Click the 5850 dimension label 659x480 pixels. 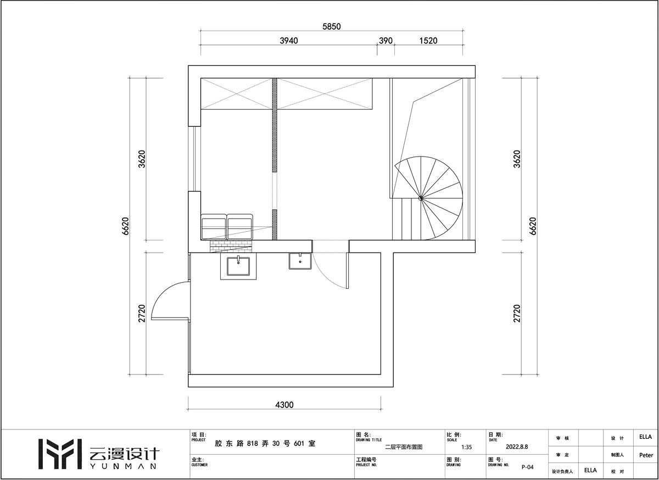pos(331,26)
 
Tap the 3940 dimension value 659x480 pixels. pos(289,41)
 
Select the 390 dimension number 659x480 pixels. pos(386,41)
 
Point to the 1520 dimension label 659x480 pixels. pos(428,41)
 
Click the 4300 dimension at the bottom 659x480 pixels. pos(284,405)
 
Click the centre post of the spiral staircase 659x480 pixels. pos(421,198)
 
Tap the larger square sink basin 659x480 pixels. pos(238,266)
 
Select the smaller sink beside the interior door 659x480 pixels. pos(300,261)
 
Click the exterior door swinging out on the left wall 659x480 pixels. pos(170,300)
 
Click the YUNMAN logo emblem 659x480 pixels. pos(60,454)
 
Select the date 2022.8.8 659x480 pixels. pos(517,446)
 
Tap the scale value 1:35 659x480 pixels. pos(467,448)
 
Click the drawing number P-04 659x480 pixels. pos(528,467)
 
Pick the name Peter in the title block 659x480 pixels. pos(646,455)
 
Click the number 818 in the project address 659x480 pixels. pos(253,444)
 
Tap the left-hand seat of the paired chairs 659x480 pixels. pos(214,227)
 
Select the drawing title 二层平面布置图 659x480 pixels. pos(404,447)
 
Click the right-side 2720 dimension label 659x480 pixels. pos(517,314)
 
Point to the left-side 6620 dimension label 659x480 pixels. pos(125,226)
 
